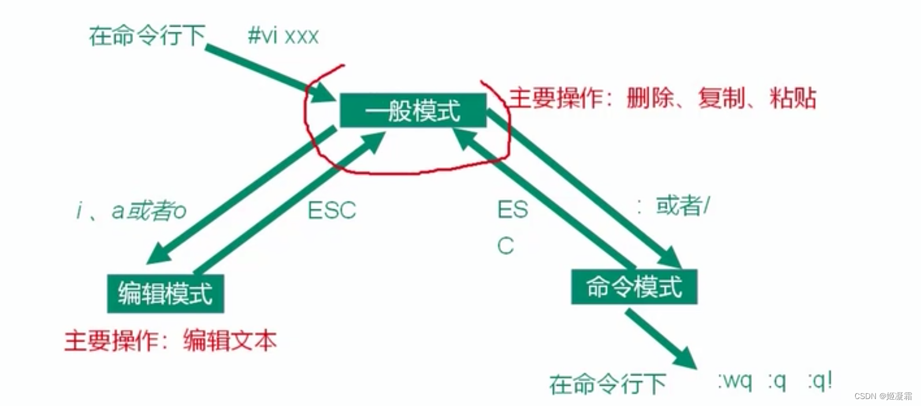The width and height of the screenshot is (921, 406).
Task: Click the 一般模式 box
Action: (x=413, y=110)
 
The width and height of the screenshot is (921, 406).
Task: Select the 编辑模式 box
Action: (x=165, y=293)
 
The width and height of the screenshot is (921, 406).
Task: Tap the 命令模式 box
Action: (x=634, y=287)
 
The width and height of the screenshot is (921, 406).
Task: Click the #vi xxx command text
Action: (x=283, y=36)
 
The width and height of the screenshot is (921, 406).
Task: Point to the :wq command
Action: (x=735, y=381)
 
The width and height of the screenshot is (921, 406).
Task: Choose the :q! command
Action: (x=820, y=381)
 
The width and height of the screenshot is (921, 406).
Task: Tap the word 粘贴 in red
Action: (x=793, y=98)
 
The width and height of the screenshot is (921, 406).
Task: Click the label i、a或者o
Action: (x=131, y=211)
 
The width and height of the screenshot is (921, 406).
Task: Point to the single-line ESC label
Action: (x=332, y=210)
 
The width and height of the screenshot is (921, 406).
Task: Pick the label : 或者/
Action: (x=674, y=206)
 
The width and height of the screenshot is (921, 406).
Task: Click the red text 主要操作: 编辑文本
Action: (x=170, y=341)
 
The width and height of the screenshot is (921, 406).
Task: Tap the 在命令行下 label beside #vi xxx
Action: (x=147, y=36)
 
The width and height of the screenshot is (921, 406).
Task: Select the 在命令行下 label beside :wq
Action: (x=607, y=383)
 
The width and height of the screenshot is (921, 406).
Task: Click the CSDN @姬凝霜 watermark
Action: (x=882, y=396)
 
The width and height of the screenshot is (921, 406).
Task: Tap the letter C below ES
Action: (x=505, y=246)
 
